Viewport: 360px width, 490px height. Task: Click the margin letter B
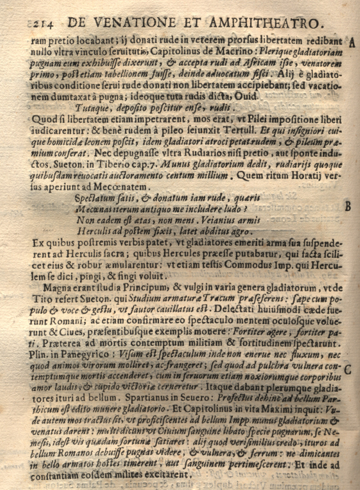point(349,207)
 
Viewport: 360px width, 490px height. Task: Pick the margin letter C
point(349,370)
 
